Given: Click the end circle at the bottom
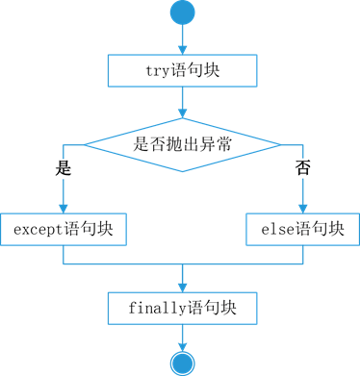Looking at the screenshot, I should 181,364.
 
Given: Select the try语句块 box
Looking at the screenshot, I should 182,70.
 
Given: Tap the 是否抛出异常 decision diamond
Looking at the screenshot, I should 182,145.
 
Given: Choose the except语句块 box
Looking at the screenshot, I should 64,230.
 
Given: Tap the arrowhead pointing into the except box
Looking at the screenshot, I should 64,209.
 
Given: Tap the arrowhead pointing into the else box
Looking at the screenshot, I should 302,209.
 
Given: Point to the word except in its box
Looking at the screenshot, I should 36,230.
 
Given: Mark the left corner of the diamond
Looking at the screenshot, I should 87,145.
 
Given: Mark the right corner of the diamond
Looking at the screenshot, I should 279,145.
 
